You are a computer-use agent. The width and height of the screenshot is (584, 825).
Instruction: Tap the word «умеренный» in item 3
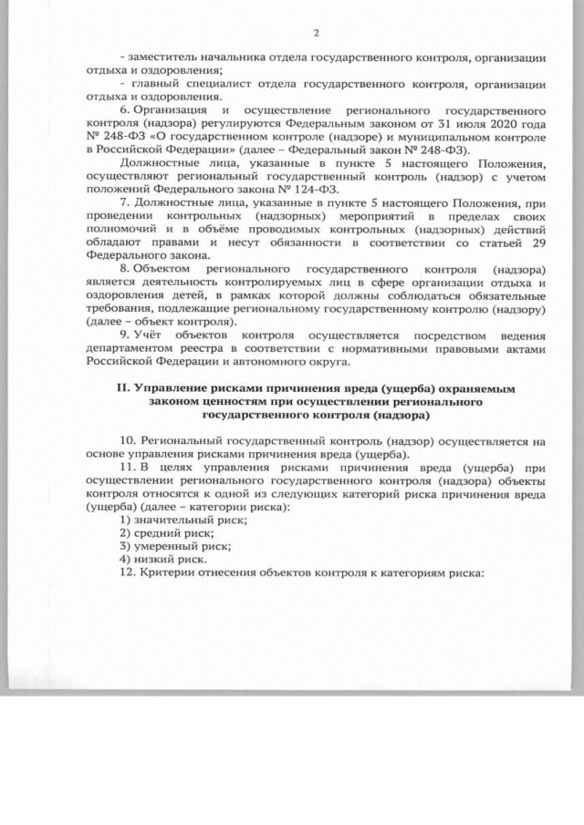[168, 546]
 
